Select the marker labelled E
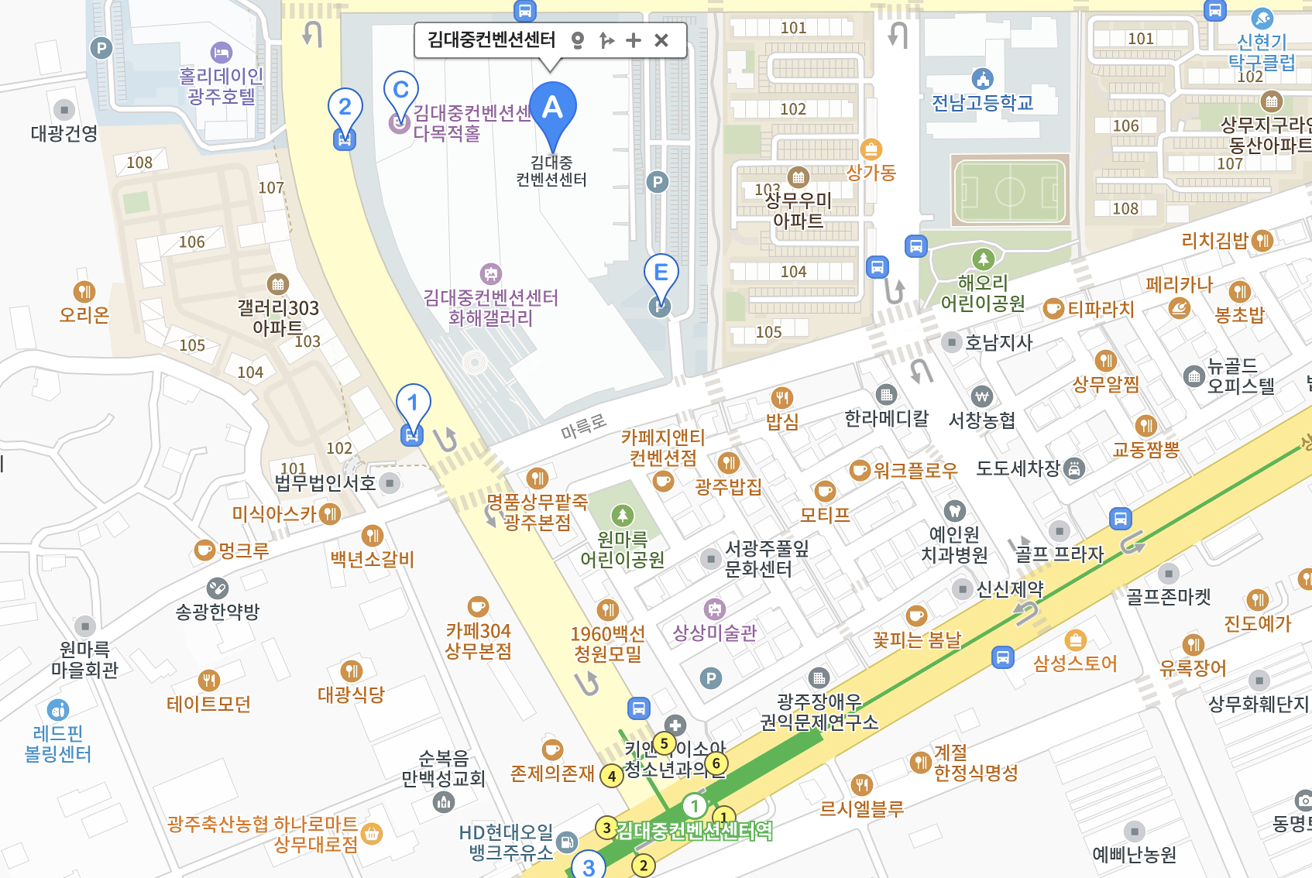click(661, 274)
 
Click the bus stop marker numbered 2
click(345, 108)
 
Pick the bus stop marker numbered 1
click(413, 404)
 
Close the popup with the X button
click(661, 40)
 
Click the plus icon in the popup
click(634, 40)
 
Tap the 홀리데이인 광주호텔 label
click(221, 86)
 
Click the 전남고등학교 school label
click(982, 102)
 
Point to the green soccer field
click(1010, 190)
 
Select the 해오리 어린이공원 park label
click(982, 293)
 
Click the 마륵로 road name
click(583, 425)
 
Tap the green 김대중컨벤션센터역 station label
click(694, 831)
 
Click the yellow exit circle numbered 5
click(664, 743)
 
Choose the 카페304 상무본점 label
click(478, 640)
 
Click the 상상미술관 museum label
click(714, 633)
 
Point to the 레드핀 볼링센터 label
click(58, 743)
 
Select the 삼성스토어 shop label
click(1075, 664)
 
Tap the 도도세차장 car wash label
click(1018, 468)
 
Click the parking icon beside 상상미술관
click(710, 679)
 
